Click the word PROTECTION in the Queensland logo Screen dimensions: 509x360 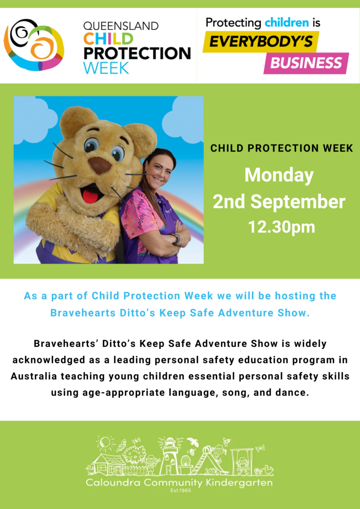[x=137, y=54]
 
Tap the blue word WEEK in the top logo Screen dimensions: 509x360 [x=106, y=68]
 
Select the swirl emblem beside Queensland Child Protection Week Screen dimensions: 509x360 [x=34, y=45]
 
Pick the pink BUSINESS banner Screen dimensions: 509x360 [x=306, y=63]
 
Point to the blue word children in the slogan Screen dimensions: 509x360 [x=286, y=22]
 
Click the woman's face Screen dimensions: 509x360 [x=160, y=172]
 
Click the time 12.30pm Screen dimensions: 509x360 [x=281, y=227]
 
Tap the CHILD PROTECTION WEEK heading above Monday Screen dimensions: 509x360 [x=281, y=148]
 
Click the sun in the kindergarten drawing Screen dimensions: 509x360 [x=105, y=443]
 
